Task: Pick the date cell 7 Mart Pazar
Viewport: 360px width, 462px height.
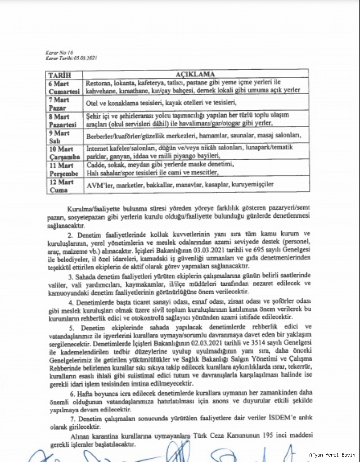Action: click(x=64, y=103)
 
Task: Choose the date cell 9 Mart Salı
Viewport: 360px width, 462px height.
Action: click(x=64, y=136)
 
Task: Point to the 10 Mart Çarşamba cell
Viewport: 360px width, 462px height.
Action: click(x=64, y=152)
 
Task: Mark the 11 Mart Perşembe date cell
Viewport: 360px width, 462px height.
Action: click(x=64, y=168)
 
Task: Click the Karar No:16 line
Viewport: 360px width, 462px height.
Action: click(x=56, y=53)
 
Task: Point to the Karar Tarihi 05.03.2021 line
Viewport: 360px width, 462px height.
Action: click(x=71, y=58)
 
